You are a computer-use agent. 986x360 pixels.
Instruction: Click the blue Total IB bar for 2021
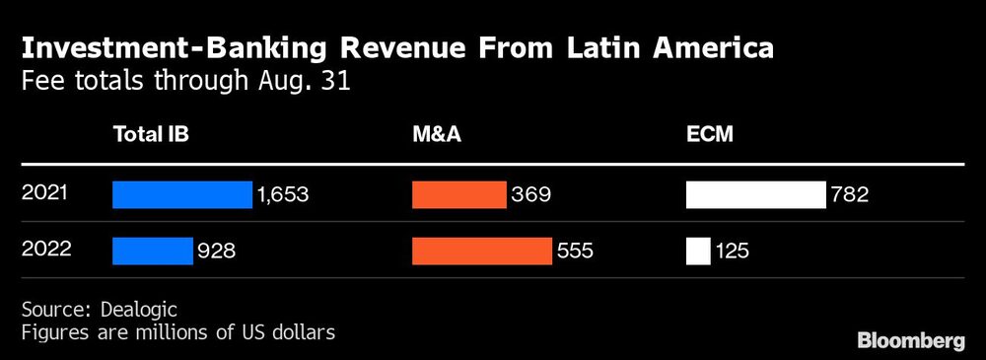[x=182, y=195]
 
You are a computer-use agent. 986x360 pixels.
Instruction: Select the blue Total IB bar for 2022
[x=152, y=252]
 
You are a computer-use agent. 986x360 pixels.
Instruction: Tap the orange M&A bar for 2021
[x=458, y=195]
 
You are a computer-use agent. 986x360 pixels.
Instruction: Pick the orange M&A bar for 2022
[x=481, y=252]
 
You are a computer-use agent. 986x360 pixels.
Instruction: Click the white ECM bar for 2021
[x=755, y=195]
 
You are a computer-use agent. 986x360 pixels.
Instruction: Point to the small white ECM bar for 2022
[x=698, y=252]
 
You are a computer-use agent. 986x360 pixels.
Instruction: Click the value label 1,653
[x=283, y=195]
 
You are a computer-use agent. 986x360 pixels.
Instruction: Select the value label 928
[x=217, y=252]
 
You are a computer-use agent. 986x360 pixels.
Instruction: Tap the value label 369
[x=530, y=195]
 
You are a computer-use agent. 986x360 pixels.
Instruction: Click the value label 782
[x=849, y=195]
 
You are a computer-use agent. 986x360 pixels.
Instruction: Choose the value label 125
[x=733, y=252]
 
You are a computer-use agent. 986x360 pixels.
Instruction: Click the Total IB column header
[x=150, y=136]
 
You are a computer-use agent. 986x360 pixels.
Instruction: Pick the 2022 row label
[x=46, y=251]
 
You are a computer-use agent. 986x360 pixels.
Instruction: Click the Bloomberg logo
[x=911, y=340]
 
